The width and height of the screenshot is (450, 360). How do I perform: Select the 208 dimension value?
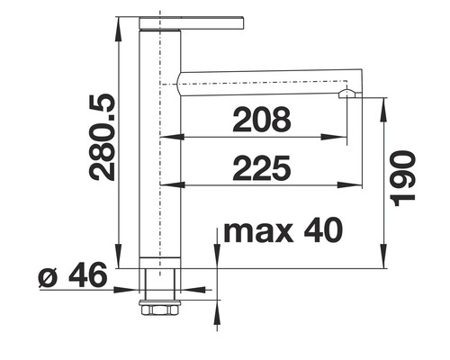(x=261, y=120)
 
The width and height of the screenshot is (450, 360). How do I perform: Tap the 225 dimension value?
(x=261, y=167)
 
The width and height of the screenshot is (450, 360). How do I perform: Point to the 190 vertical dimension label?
(x=405, y=175)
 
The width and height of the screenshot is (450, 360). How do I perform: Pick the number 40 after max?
(x=322, y=231)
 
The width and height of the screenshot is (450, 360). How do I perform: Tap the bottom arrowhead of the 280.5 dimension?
(x=121, y=261)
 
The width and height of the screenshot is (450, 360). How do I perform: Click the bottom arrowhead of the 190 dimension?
(x=384, y=261)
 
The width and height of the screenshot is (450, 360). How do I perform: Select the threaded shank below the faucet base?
(x=159, y=288)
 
